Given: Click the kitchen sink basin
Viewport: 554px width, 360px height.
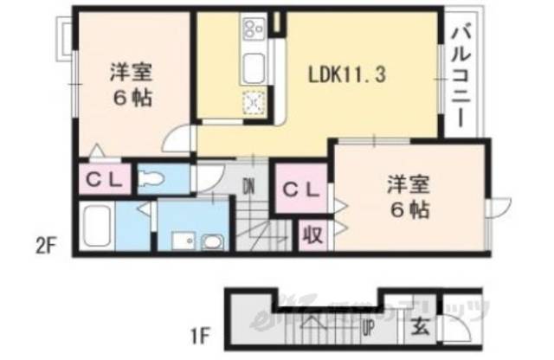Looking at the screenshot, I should pos(255,66).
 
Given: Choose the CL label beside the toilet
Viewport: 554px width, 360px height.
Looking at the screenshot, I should pos(106,181).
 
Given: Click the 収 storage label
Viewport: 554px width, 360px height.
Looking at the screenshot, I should pos(312,234).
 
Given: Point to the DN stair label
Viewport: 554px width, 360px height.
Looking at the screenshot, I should pos(249,184).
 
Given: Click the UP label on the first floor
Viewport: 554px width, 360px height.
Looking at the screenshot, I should pos(368,327).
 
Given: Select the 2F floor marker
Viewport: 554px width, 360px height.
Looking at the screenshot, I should pos(45,245).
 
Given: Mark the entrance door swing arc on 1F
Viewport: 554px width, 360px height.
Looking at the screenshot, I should pos(456,330).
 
